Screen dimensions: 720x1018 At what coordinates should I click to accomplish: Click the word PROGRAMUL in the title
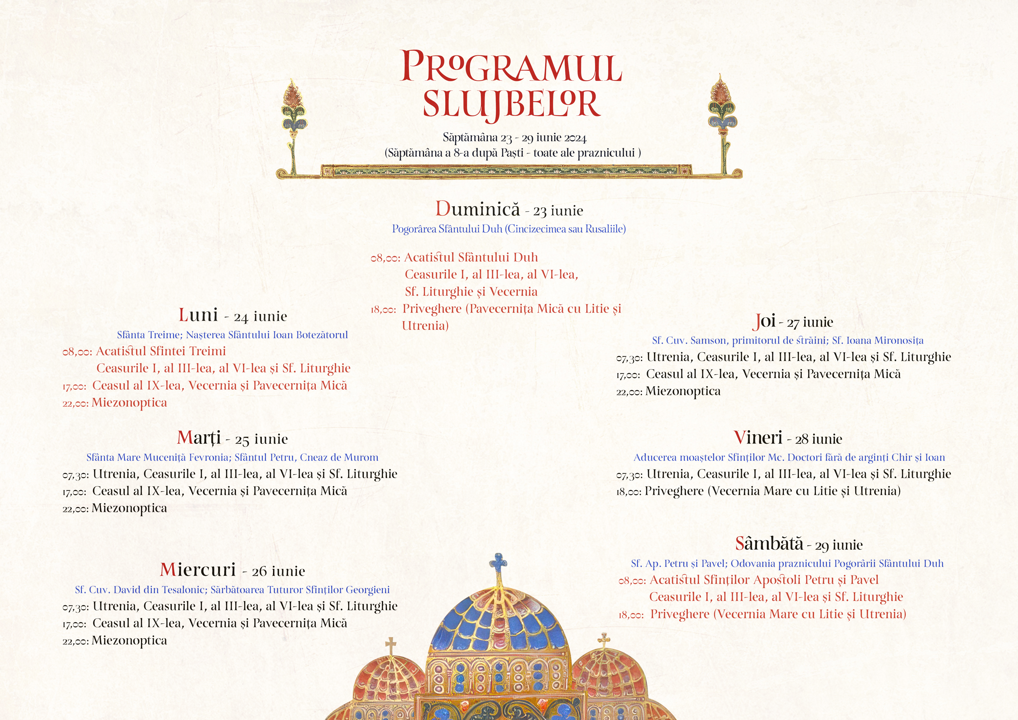(511, 67)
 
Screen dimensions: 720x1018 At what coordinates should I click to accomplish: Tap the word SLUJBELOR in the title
(511, 105)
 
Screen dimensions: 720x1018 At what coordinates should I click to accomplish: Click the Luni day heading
(198, 315)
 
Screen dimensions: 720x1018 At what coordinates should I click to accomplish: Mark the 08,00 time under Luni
(77, 352)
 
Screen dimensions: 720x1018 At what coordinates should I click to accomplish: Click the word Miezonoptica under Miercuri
(129, 641)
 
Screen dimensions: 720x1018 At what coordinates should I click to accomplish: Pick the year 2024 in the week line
(576, 138)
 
